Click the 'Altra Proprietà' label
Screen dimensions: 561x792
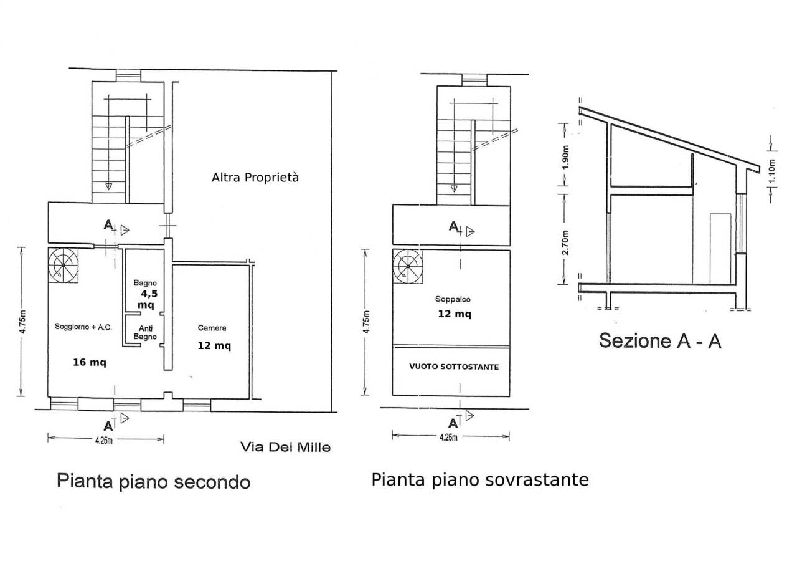(255, 178)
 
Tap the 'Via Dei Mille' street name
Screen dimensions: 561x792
(286, 447)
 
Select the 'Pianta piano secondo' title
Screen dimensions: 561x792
(153, 481)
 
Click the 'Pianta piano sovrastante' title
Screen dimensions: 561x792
(479, 479)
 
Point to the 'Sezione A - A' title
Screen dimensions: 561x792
(660, 341)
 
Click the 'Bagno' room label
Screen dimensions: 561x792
(146, 282)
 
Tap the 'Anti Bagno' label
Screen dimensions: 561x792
(146, 333)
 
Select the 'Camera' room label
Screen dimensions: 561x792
(212, 328)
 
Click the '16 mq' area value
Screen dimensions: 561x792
(87, 362)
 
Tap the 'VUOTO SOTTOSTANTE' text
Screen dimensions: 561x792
(453, 367)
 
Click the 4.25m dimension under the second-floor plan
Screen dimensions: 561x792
(103, 440)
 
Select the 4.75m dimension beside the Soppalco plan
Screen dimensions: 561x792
(365, 322)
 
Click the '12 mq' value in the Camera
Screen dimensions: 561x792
(214, 347)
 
